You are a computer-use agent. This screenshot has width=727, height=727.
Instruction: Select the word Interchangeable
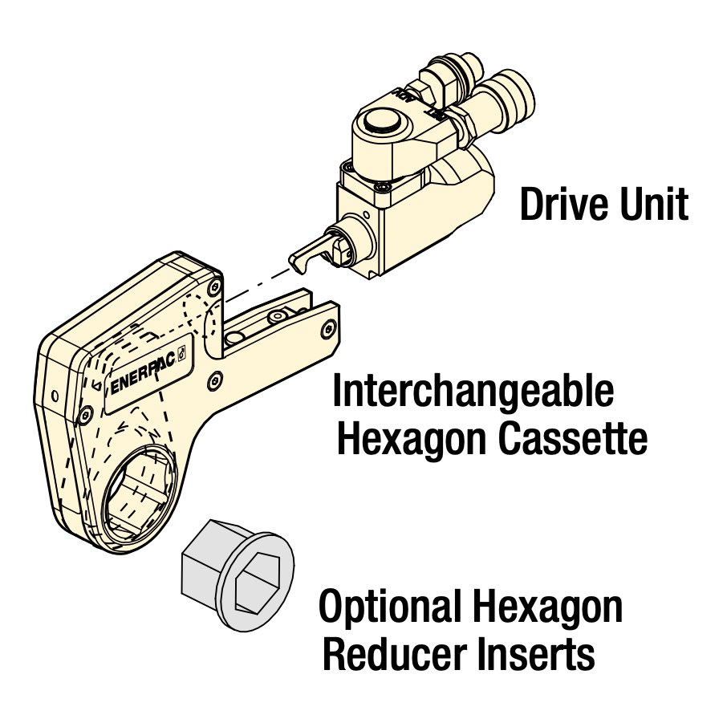tap(473, 393)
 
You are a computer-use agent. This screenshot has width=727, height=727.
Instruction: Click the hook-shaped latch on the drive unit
tap(304, 255)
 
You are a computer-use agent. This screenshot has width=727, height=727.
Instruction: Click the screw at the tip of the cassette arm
tap(327, 329)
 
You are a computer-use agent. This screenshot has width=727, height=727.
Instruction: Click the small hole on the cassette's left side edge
tap(54, 396)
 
